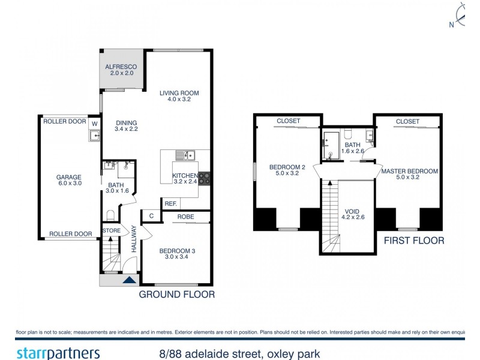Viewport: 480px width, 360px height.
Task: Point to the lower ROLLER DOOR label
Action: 71,234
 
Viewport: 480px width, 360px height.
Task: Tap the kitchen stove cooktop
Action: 204,178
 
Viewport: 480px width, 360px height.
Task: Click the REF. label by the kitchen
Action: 171,204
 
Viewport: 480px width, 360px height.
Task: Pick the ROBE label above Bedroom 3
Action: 185,217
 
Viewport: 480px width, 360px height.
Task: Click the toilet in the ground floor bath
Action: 110,215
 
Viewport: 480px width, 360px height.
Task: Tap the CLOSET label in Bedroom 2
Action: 289,121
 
